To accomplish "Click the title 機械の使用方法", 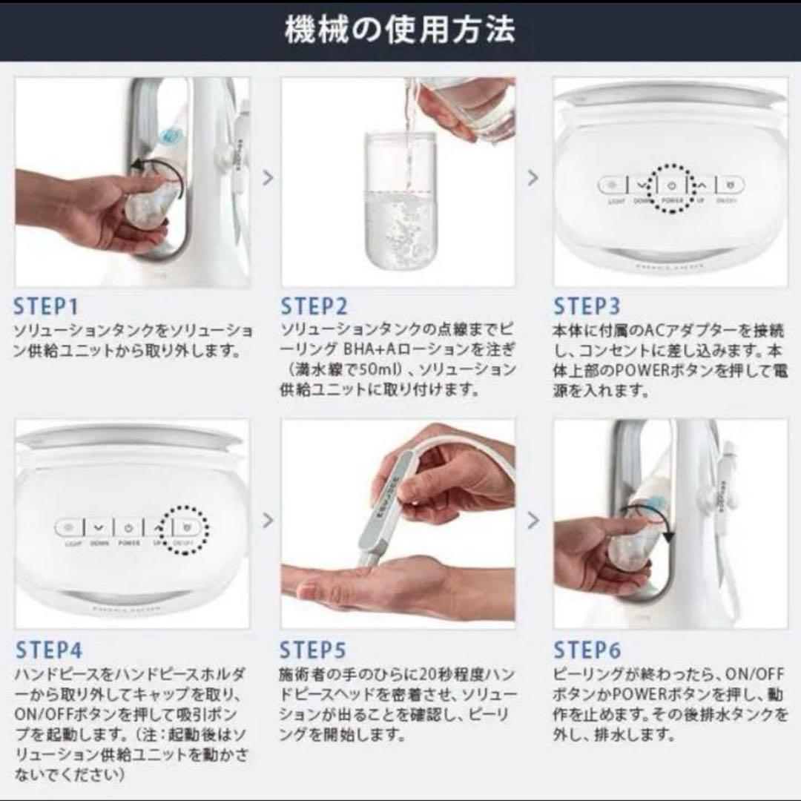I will [x=400, y=30].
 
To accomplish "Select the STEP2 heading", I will [x=314, y=306].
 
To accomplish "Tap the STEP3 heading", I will [x=586, y=306].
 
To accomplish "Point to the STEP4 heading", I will [x=48, y=650].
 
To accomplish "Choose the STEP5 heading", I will [x=313, y=650].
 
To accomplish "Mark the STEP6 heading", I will [x=587, y=650].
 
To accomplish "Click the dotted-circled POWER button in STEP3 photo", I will [x=671, y=186].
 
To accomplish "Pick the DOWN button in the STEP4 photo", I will [x=99, y=528].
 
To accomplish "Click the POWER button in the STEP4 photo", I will [x=128, y=528].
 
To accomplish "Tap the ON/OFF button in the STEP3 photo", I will [x=730, y=186].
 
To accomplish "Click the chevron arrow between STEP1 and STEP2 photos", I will [x=268, y=178].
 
